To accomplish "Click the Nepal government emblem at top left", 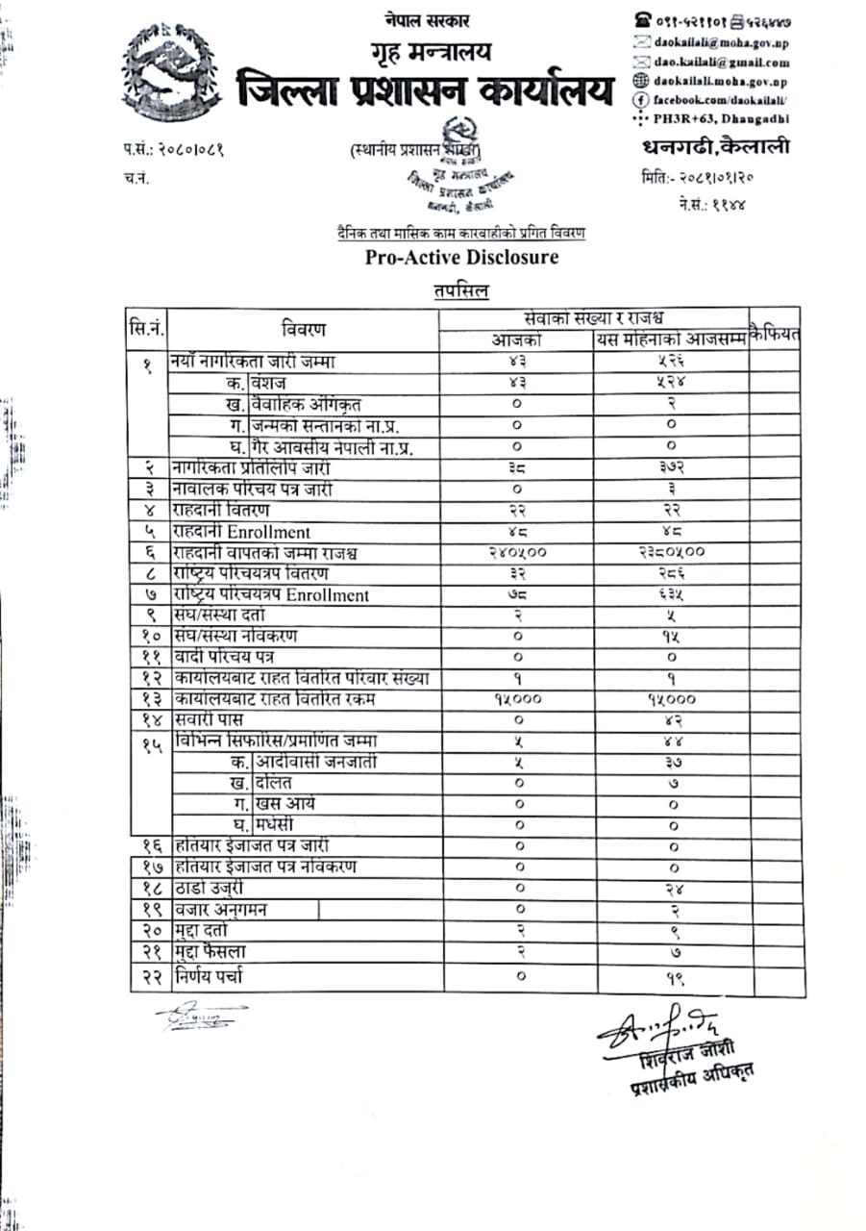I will coord(171,75).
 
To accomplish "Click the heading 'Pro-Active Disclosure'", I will coord(461,258).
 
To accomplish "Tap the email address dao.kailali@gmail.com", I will coord(721,62).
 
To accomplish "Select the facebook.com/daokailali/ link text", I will coord(722,99).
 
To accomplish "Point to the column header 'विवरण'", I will coord(304,330).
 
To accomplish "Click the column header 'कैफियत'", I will coord(775,334).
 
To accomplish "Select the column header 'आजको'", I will coord(517,340).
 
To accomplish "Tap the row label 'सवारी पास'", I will coord(208,719).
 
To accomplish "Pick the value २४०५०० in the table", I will coord(517,552).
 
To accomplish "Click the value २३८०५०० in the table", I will coord(672,552).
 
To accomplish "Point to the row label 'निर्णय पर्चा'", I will coord(209,977).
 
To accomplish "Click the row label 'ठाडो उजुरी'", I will coord(209,888).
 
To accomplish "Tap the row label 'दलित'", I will coord(272,783).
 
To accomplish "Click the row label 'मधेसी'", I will coord(275,824).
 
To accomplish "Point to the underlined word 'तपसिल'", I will coord(460,290).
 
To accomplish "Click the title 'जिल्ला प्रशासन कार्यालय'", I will coord(425,91).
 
